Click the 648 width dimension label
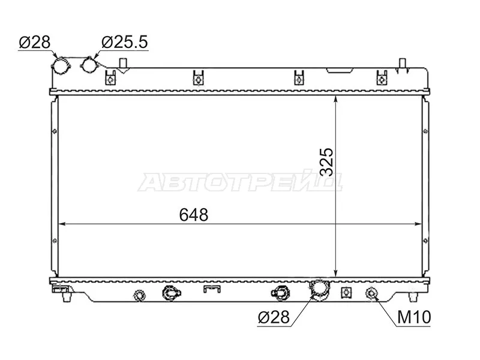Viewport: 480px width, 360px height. click(193, 215)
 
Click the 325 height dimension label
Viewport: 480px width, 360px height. click(326, 161)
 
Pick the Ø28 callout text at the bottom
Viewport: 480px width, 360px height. click(274, 317)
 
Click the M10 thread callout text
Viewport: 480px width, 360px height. click(414, 317)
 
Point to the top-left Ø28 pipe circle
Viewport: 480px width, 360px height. click(61, 65)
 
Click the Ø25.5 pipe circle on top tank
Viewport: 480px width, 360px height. click(89, 65)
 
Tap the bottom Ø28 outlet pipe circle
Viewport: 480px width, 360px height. click(319, 289)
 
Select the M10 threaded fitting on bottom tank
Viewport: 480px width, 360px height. click(371, 293)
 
